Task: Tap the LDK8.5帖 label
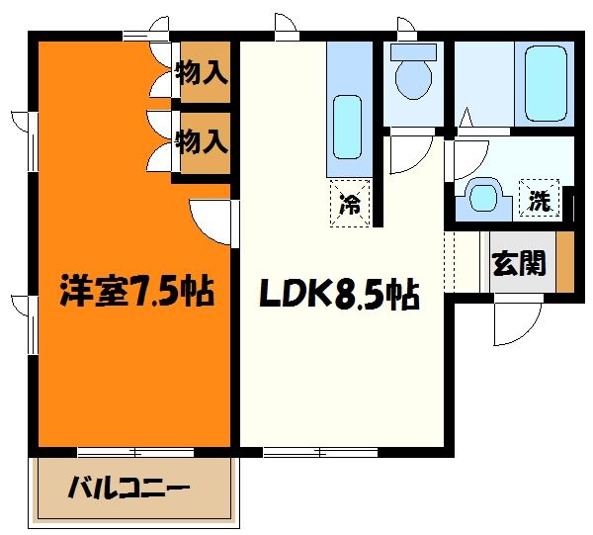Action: [x=337, y=294]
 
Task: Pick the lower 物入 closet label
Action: [x=202, y=140]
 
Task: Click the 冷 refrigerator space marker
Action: [x=350, y=206]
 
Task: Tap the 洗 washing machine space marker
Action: [x=539, y=201]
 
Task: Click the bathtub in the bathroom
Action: [x=544, y=83]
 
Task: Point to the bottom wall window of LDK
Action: [x=321, y=451]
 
